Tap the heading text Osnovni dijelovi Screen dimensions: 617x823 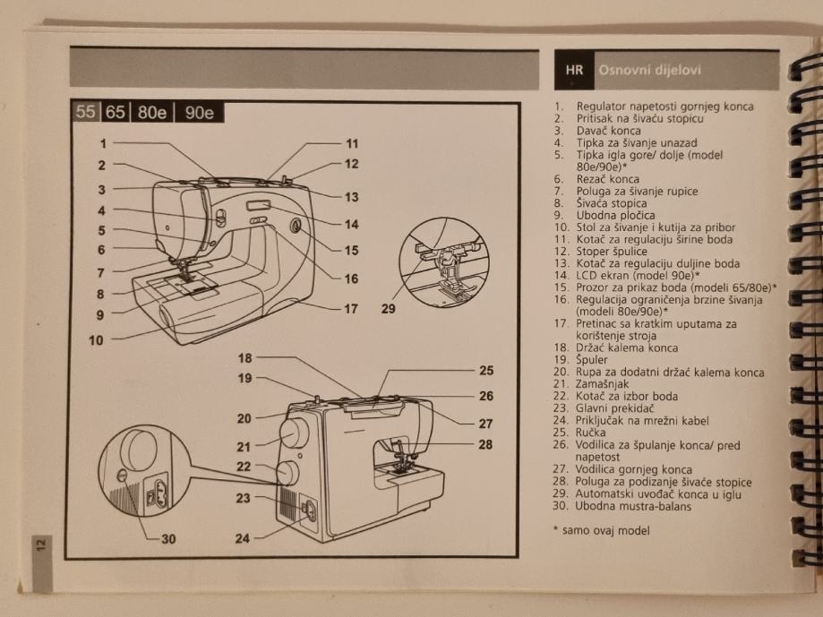(649, 70)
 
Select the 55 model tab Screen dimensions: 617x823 (86, 113)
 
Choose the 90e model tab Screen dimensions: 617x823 (199, 113)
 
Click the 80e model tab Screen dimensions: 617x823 (153, 113)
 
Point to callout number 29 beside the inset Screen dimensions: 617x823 (388, 309)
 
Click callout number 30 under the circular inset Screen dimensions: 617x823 (168, 538)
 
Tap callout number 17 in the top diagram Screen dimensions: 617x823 (351, 309)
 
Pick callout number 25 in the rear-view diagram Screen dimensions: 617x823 (486, 370)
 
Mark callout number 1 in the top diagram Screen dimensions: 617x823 (103, 143)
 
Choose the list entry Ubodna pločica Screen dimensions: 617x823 (615, 215)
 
